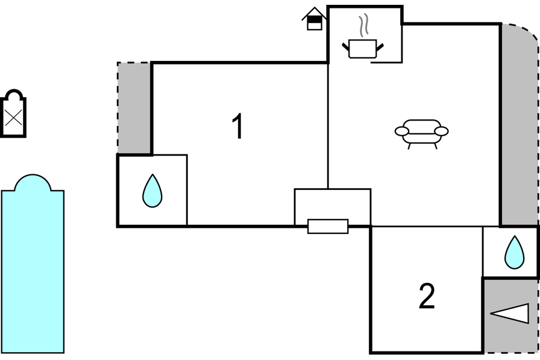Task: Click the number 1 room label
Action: pos(237,126)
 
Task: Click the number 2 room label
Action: pos(427,295)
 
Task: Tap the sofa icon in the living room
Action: pos(421,134)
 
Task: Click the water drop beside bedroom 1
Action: pos(152,191)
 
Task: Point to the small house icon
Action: pos(314,19)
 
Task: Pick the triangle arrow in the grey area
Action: pos(509,314)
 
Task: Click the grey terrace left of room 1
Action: pos(134,108)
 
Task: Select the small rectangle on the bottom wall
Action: pos(328,226)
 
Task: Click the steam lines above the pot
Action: pos(363,25)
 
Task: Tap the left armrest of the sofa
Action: pos(401,131)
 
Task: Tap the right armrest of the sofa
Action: pos(442,131)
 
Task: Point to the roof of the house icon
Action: pos(314,13)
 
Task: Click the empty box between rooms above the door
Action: pos(332,204)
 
